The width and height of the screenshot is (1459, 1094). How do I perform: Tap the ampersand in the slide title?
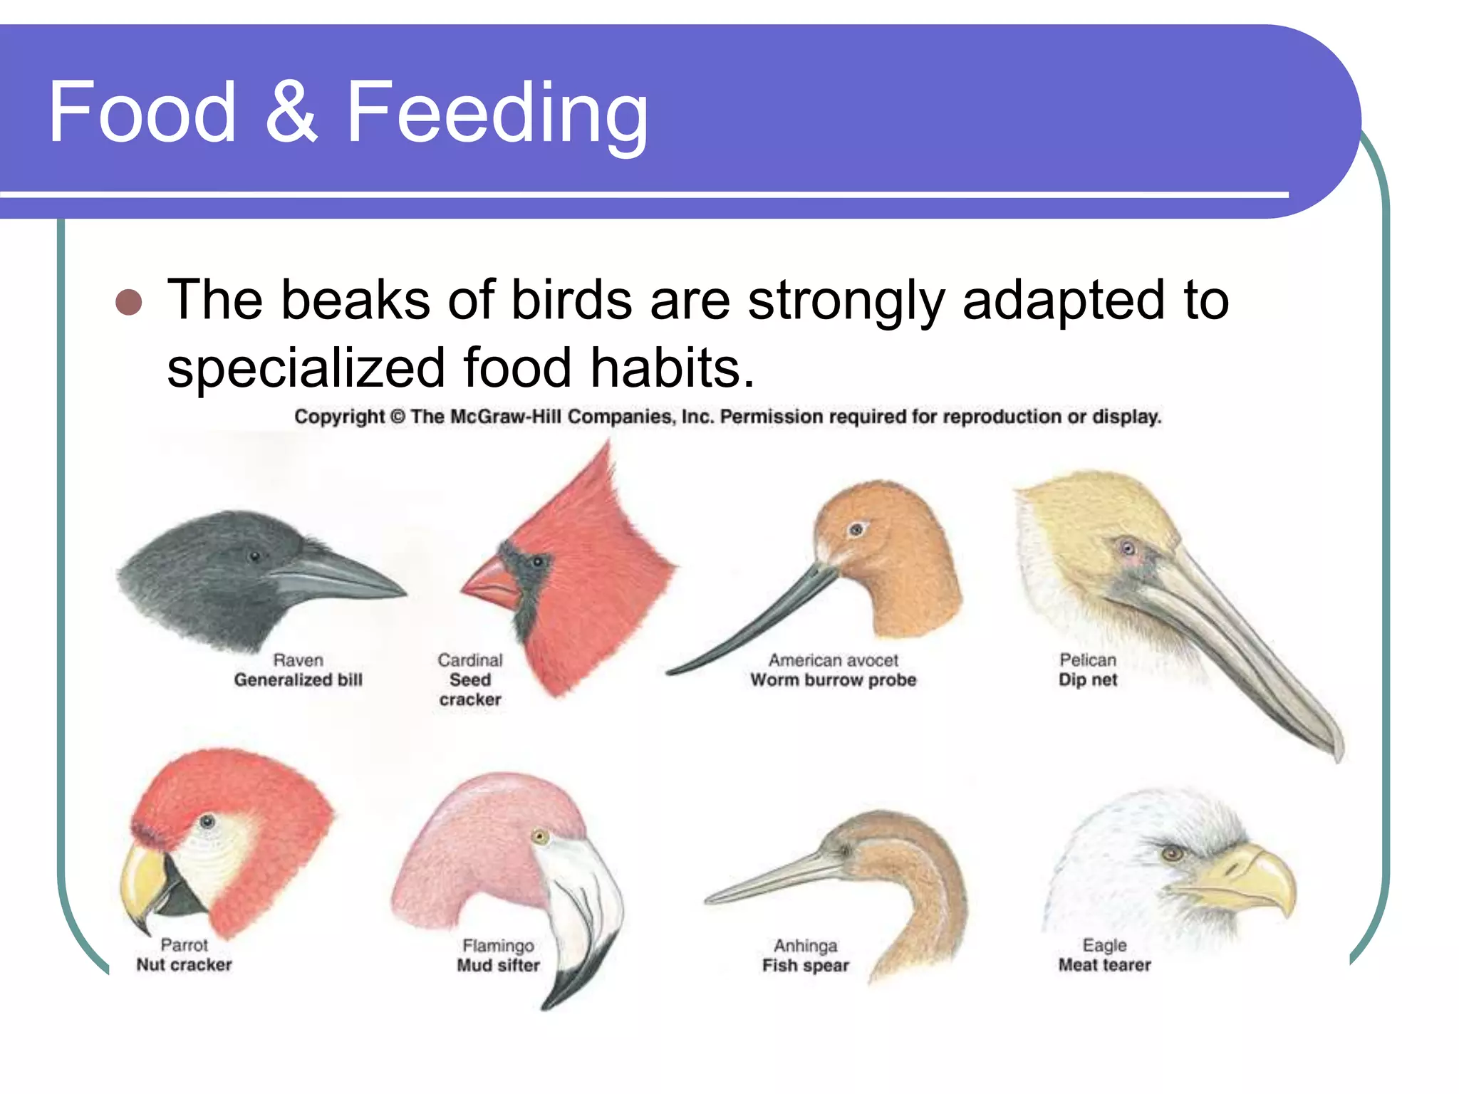tap(291, 113)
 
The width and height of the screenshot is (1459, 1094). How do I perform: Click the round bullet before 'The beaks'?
tap(129, 302)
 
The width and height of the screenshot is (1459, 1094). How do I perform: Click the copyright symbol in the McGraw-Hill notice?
tap(397, 417)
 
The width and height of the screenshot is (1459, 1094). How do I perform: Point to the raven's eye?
tap(254, 556)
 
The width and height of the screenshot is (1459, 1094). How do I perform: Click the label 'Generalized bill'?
tap(298, 680)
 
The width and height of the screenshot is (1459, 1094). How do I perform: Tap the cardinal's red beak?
tap(491, 583)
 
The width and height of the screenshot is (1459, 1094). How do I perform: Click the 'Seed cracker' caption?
tap(470, 689)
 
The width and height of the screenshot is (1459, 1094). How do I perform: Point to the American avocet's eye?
tap(856, 529)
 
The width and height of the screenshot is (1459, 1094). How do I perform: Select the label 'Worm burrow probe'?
tap(833, 680)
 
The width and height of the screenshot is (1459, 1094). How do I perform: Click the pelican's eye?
tap(1127, 548)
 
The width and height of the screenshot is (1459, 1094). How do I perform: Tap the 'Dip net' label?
tap(1087, 680)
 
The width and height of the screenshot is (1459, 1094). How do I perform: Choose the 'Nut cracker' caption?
tap(184, 965)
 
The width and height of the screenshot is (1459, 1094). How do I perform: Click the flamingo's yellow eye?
tap(540, 836)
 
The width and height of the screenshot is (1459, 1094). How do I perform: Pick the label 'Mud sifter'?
tap(498, 966)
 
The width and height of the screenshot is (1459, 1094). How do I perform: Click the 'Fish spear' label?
tap(805, 966)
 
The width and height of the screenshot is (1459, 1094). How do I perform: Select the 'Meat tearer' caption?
tap(1104, 965)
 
